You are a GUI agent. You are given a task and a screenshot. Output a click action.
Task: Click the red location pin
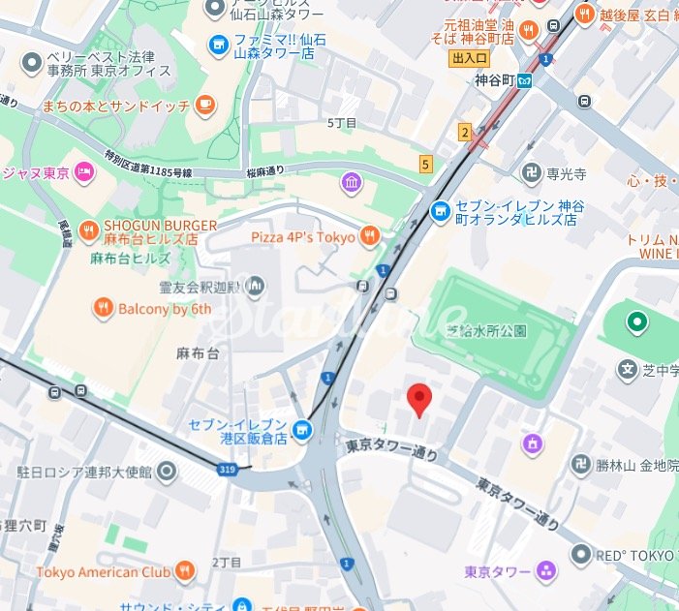pos(418,398)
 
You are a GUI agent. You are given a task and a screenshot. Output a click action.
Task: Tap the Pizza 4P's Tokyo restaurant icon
pos(368,236)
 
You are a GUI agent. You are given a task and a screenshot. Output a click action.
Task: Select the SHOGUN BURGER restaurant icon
pos(88,229)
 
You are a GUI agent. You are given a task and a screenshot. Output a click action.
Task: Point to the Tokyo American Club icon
pos(186,570)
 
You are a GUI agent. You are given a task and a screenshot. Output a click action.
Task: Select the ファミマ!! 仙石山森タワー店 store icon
pos(219,43)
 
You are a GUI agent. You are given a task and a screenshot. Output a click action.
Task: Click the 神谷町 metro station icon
pos(524,80)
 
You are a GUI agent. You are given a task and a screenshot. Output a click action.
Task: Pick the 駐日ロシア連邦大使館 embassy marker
pos(168,473)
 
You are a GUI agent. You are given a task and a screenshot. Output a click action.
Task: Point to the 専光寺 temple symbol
pos(531,174)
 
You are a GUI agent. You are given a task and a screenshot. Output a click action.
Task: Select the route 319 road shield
pos(228,468)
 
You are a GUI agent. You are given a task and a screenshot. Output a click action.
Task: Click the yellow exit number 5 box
pos(425,164)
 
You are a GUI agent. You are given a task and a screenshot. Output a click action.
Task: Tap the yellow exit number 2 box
pos(465,132)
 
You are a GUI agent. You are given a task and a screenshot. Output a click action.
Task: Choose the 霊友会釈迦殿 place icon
pos(255,286)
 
